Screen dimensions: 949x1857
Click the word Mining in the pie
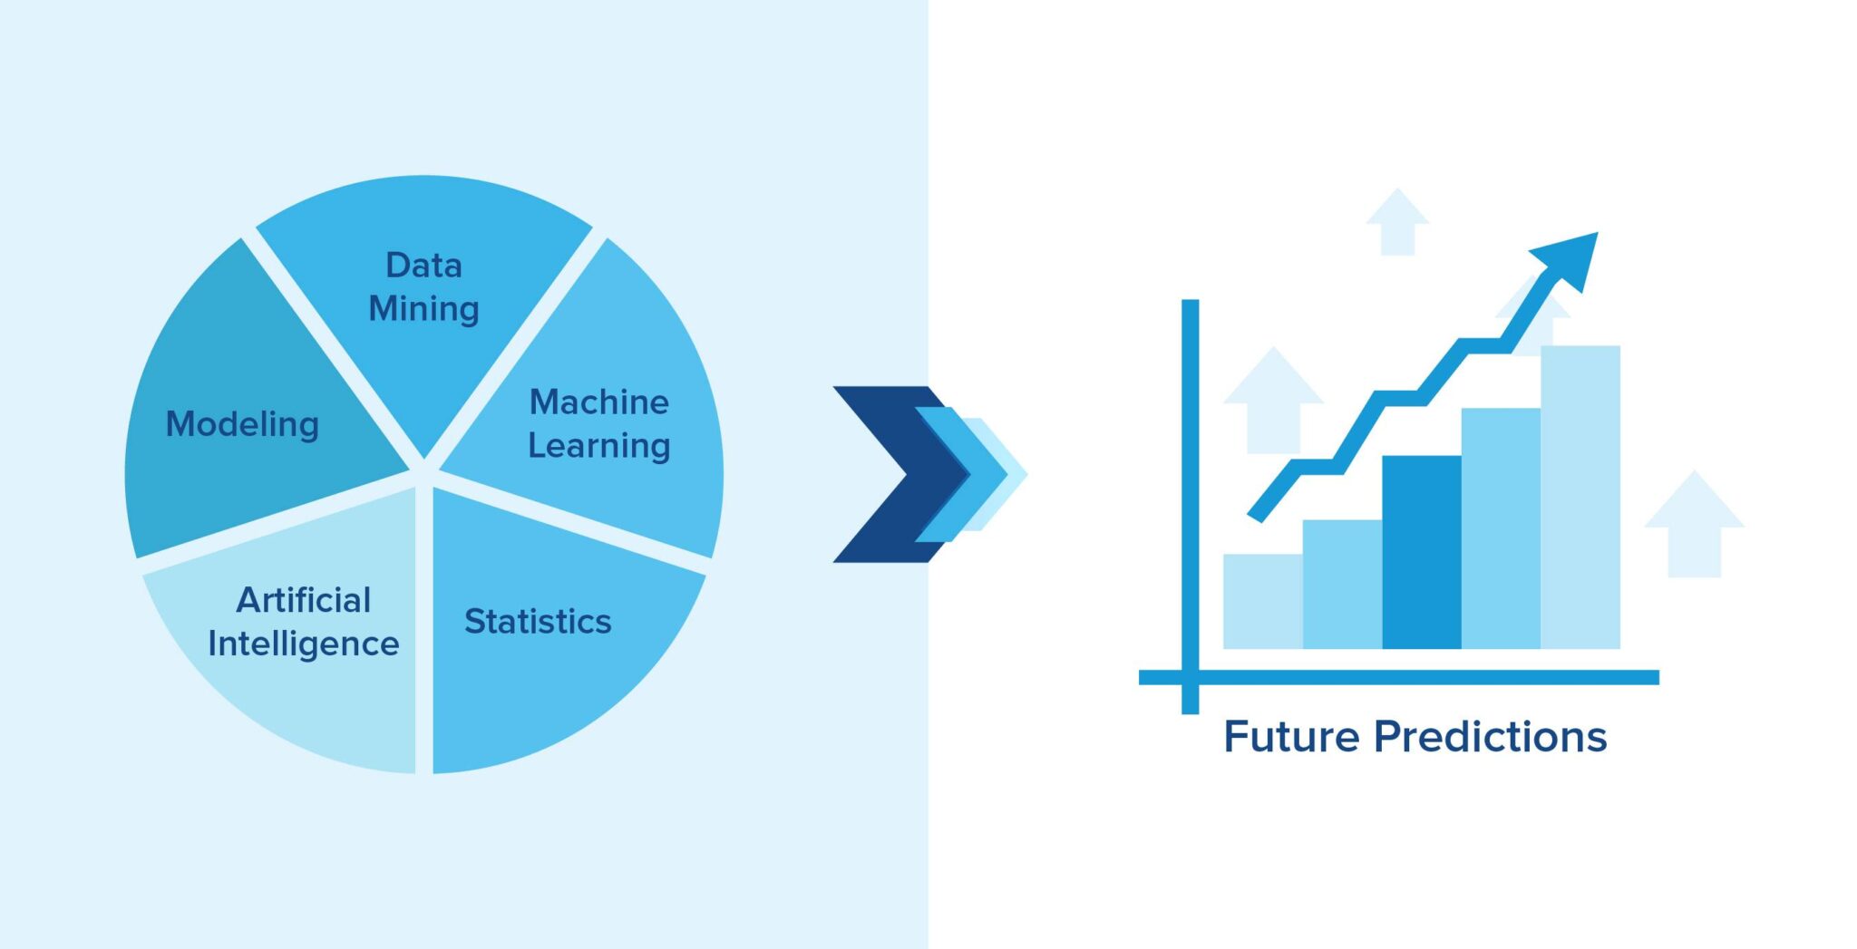click(x=423, y=308)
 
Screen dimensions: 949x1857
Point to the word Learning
click(x=598, y=445)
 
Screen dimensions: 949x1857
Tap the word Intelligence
click(x=303, y=644)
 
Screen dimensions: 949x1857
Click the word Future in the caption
click(x=1291, y=736)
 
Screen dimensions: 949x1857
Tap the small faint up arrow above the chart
click(x=1396, y=222)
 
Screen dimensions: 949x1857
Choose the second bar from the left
click(x=1342, y=584)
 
